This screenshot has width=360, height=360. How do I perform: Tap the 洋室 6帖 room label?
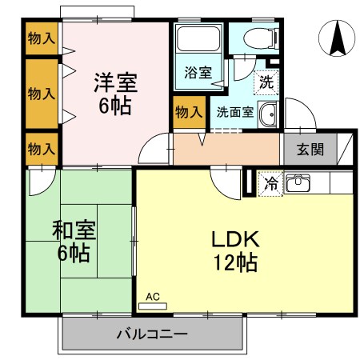(115, 93)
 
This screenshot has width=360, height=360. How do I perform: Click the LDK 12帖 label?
(234, 250)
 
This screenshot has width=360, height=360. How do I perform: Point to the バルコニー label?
(151, 333)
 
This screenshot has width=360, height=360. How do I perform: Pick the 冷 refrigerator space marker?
(270, 183)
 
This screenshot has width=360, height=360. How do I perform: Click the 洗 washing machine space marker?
(265, 81)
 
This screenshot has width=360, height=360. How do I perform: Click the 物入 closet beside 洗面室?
(188, 111)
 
